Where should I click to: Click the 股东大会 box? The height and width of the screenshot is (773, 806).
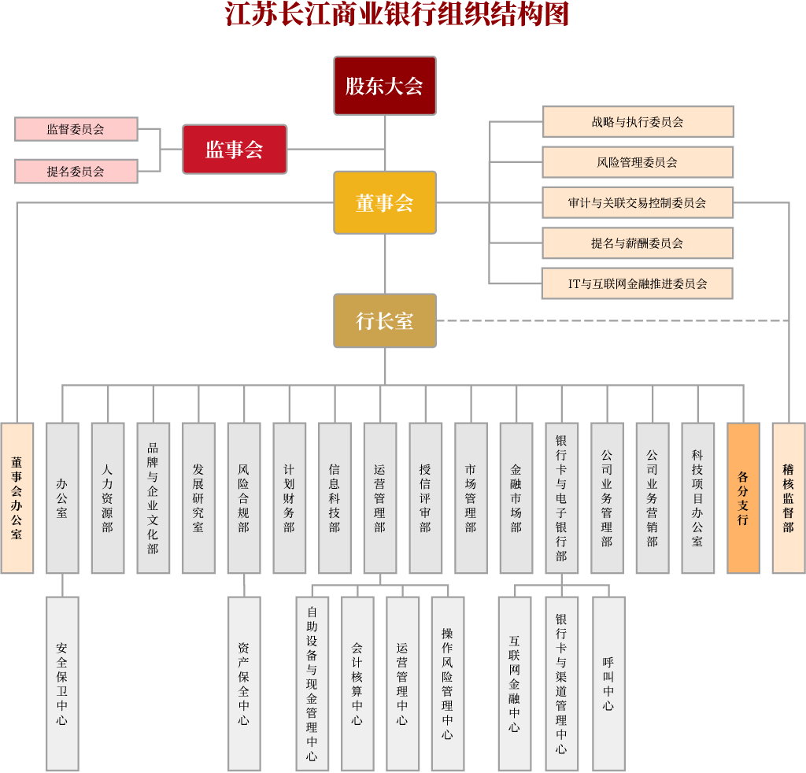click(x=385, y=85)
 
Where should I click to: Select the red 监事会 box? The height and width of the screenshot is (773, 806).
click(x=235, y=149)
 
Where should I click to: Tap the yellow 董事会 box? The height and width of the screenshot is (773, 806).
click(x=385, y=202)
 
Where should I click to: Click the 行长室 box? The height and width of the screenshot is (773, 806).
click(x=385, y=320)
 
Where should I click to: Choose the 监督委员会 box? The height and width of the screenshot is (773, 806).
click(x=76, y=129)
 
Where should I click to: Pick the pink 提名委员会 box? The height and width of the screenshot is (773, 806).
click(x=76, y=171)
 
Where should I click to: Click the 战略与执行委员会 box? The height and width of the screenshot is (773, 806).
click(x=638, y=122)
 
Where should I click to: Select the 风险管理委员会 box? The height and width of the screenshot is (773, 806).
click(x=638, y=162)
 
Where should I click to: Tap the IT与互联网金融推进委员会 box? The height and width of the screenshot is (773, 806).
click(x=638, y=283)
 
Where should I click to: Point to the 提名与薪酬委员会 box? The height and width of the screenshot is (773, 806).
click(x=638, y=243)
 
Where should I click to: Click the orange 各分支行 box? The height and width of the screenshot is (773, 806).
click(x=743, y=497)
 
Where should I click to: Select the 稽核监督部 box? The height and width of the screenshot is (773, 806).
click(x=788, y=497)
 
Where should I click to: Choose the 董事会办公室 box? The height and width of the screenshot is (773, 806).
click(x=17, y=497)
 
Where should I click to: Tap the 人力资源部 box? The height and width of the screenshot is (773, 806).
click(x=108, y=497)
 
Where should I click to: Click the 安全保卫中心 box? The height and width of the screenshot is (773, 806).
click(x=62, y=682)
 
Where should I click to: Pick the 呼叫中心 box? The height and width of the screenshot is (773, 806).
click(x=608, y=682)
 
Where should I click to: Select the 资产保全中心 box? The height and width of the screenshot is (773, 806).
click(x=244, y=682)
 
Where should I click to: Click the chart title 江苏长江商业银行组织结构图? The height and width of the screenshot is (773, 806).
click(x=397, y=15)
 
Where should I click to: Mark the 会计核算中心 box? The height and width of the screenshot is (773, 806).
click(x=357, y=682)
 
